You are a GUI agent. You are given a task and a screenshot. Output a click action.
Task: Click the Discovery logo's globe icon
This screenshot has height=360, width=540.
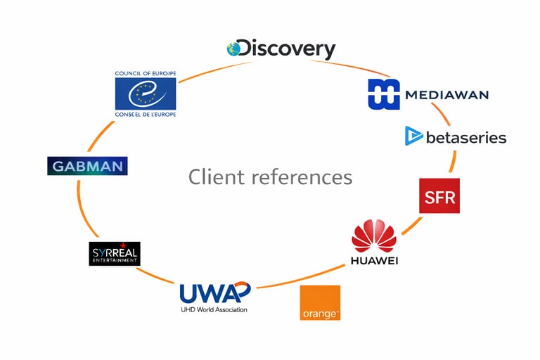point(233,49)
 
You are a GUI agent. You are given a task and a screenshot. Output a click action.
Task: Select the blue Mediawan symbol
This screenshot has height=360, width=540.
point(384,94)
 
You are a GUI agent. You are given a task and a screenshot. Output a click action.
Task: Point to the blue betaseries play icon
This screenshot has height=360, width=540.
point(413,136)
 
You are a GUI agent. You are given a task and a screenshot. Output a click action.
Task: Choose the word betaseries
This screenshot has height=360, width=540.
point(466,137)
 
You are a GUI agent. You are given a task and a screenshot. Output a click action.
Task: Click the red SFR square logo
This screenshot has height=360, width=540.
point(439,196)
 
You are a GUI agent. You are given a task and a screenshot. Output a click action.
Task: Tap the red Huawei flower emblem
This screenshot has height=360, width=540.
point(373,236)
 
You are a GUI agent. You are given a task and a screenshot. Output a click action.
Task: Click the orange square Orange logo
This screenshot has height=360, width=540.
point(320,302)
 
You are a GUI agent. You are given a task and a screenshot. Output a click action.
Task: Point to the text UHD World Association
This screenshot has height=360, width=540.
point(214,309)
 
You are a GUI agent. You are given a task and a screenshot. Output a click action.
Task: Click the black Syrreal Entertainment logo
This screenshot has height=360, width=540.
point(115,254)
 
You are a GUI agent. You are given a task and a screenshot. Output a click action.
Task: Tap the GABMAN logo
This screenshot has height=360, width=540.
point(87,166)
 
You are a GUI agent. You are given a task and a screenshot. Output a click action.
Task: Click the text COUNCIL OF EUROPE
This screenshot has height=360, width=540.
point(146,73)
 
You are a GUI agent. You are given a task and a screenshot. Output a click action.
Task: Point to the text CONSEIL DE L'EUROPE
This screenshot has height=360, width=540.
point(146,114)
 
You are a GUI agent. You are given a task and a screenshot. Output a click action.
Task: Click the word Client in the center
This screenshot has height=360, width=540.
point(213,176)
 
